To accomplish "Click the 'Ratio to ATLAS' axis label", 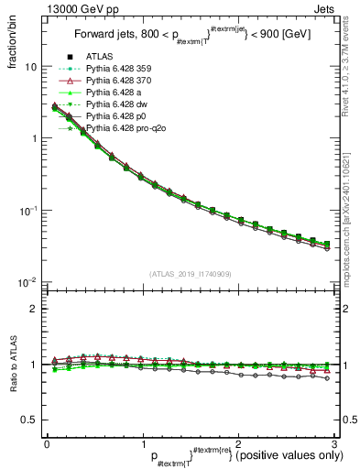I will [x=12, y=365].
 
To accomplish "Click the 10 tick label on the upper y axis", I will [x=29, y=67].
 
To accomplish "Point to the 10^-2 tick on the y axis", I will [x=27, y=282].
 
